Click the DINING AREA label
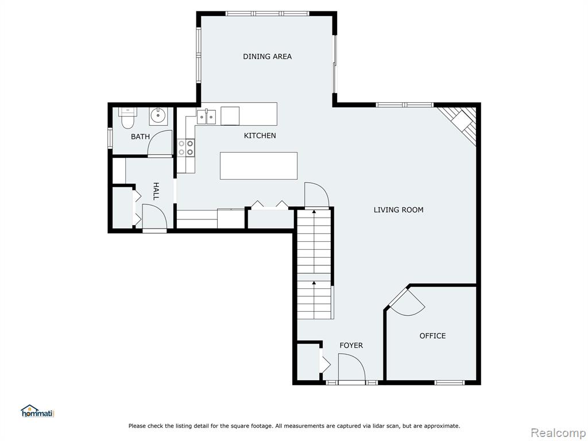click(267, 57)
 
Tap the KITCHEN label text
click(260, 136)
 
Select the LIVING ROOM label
click(399, 210)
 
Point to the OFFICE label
click(433, 336)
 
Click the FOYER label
click(351, 345)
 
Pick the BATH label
click(140, 137)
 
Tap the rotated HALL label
click(156, 191)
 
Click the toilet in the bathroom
click(128, 117)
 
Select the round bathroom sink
click(158, 116)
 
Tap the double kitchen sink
click(206, 117)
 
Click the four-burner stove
click(185, 148)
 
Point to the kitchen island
click(259, 166)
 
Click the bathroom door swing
click(160, 144)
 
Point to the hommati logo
click(37, 411)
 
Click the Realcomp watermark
click(558, 433)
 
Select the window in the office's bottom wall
click(449, 382)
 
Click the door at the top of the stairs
click(316, 195)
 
